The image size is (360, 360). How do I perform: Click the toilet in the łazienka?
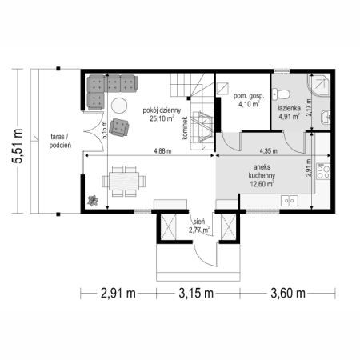[281, 94]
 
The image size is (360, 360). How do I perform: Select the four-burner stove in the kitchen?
[323, 171]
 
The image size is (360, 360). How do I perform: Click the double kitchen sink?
[290, 201]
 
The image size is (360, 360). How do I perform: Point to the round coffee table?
[119, 106]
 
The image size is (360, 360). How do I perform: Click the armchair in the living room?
[119, 127]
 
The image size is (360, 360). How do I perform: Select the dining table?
[124, 181]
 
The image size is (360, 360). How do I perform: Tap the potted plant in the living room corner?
[93, 200]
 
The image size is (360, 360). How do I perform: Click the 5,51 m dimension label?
[17, 146]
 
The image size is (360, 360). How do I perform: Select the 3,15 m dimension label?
[196, 294]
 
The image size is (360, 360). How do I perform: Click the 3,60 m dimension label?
[288, 294]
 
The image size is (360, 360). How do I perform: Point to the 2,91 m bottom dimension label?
[118, 294]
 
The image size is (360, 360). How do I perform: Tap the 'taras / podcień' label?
[60, 141]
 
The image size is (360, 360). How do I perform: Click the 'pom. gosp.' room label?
[249, 96]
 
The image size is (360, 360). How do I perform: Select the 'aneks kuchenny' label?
[262, 171]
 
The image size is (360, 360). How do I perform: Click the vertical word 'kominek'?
[185, 128]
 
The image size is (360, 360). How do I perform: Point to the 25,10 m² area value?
[162, 118]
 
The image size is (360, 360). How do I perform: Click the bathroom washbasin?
[326, 117]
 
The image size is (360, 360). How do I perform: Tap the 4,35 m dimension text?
[269, 151]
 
